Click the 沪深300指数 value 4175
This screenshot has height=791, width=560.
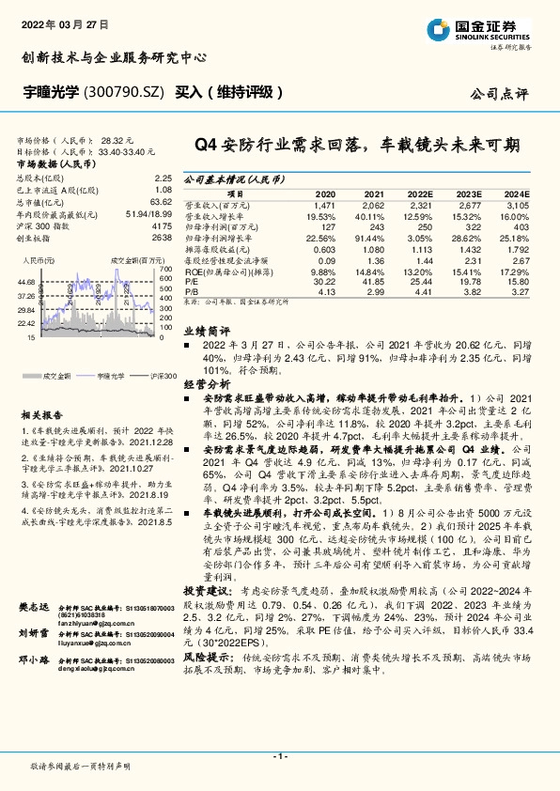[x=162, y=226]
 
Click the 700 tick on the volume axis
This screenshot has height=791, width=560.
[x=165, y=268]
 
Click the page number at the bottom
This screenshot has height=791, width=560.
[x=279, y=756]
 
